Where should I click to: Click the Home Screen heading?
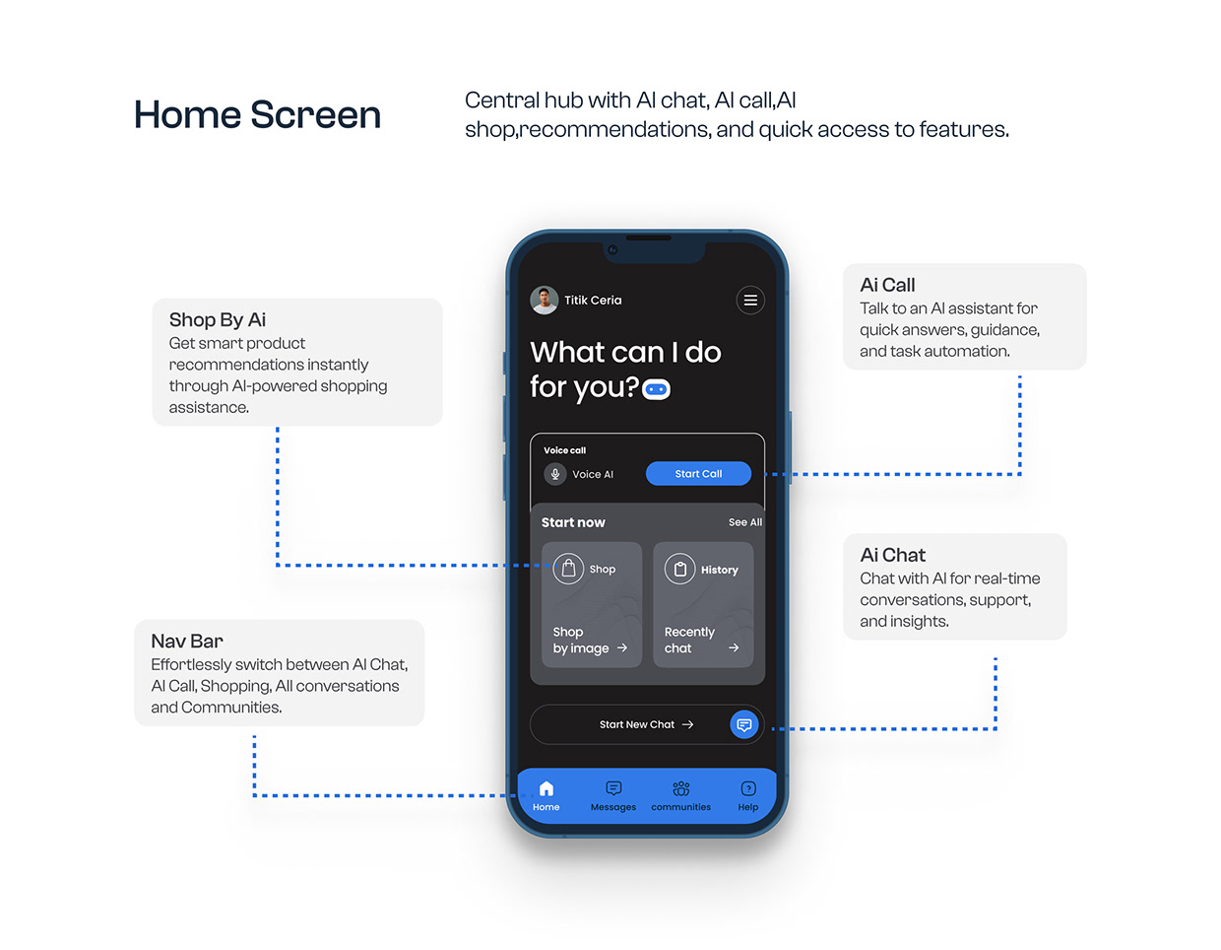tap(257, 114)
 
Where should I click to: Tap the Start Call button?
tap(698, 474)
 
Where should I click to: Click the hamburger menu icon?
tap(750, 301)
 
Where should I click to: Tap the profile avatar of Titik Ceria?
tap(545, 300)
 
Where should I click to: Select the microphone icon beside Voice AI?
tap(555, 474)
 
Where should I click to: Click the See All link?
tap(744, 522)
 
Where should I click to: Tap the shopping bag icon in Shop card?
tap(568, 569)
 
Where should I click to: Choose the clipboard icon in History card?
tap(679, 569)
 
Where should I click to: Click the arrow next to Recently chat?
tap(734, 648)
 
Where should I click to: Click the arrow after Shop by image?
tap(622, 648)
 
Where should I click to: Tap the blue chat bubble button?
tap(744, 724)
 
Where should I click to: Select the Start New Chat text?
tap(636, 724)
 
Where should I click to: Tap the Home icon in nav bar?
tap(546, 788)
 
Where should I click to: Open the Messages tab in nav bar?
tap(613, 794)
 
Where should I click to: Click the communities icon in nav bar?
tap(680, 788)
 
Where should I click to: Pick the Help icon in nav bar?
tap(748, 788)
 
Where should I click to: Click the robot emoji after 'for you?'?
tap(657, 389)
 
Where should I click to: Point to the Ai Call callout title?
tap(887, 285)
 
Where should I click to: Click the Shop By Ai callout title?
tap(218, 319)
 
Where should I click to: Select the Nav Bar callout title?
tap(187, 641)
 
